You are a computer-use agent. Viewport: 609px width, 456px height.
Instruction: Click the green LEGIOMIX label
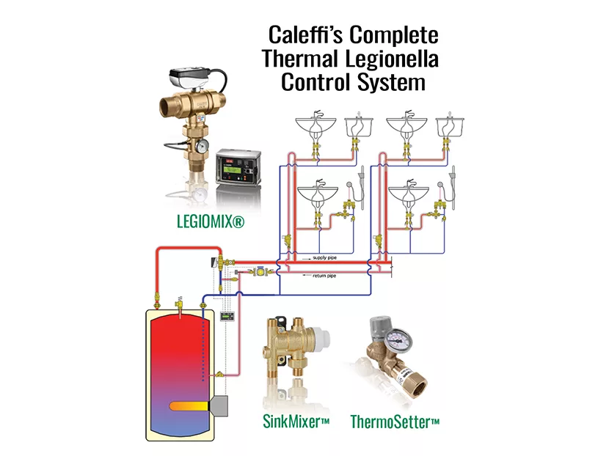[210, 220]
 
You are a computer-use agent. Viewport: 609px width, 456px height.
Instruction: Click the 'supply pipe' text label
[324, 257]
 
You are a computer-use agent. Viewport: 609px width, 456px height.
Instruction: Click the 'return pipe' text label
[324, 276]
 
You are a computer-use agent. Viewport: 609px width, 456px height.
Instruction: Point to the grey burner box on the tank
[219, 405]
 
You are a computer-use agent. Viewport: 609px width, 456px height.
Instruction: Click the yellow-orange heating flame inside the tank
[191, 405]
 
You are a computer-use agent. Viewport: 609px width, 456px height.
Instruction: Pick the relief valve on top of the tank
[178, 302]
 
